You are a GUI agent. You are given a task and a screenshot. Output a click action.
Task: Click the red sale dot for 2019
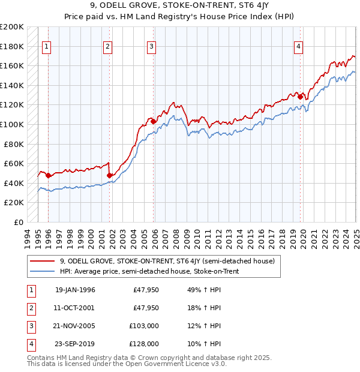[x=300, y=96]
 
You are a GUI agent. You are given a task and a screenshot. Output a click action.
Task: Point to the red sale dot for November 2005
[x=154, y=121]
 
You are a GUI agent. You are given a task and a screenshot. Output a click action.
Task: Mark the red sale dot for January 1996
[x=48, y=175]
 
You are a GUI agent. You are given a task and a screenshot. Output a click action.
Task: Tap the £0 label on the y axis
[x=19, y=222]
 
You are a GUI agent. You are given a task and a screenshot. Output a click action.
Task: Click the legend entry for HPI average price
[x=149, y=271]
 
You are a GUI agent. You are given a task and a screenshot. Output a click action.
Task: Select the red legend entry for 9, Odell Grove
[x=167, y=261]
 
